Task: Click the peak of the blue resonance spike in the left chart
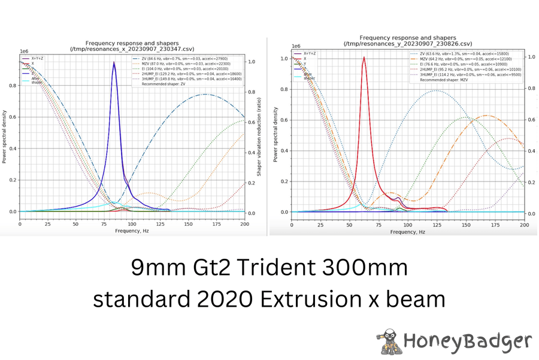click(x=114, y=62)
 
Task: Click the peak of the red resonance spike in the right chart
click(x=364, y=58)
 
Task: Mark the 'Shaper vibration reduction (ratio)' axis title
click(x=259, y=137)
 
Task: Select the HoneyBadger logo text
click(x=467, y=341)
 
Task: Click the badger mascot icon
click(x=389, y=341)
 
